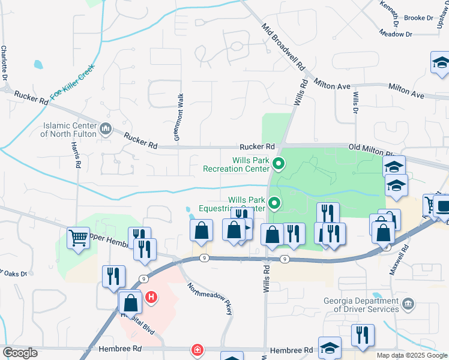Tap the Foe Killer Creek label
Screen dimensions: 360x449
coord(73,82)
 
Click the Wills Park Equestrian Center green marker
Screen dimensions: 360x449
coord(275,204)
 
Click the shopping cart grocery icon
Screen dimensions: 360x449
coord(78,238)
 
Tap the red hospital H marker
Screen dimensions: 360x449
coord(151,296)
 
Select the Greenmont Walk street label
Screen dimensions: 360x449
coord(178,117)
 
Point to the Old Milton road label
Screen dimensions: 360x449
coord(370,147)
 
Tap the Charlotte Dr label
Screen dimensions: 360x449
coord(4,62)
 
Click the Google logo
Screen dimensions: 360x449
coord(20,353)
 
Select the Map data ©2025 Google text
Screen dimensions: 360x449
coord(411,355)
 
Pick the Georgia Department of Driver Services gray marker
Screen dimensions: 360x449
coord(408,304)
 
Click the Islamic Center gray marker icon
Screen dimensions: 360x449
coord(106,128)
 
